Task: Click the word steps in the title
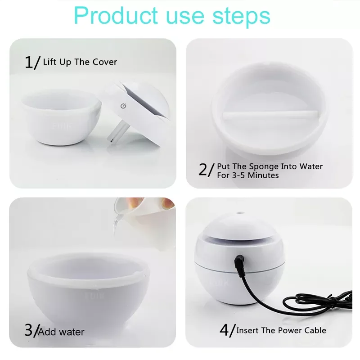click(x=242, y=16)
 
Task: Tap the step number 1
click(x=29, y=62)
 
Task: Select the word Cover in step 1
click(x=105, y=62)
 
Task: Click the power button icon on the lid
click(x=123, y=106)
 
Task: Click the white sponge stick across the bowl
click(x=270, y=114)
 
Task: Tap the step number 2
click(x=203, y=170)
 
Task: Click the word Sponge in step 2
click(x=264, y=166)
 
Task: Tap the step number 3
click(x=29, y=330)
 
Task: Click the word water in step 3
click(x=72, y=332)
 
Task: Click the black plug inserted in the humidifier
click(x=239, y=261)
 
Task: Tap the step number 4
click(x=225, y=330)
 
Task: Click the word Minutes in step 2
click(x=263, y=175)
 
